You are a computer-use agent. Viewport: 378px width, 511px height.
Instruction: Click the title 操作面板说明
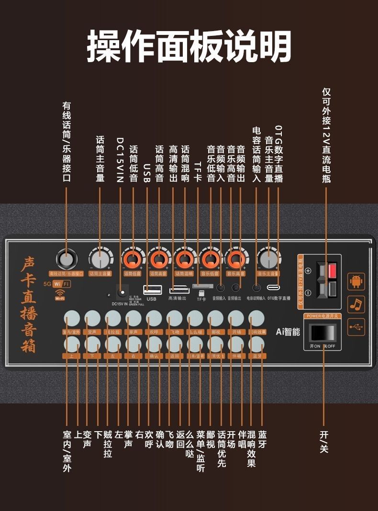189,46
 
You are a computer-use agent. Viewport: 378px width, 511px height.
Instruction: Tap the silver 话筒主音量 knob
100,260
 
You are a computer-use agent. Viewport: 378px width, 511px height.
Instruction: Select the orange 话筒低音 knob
133,260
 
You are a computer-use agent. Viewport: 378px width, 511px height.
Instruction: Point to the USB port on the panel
152,289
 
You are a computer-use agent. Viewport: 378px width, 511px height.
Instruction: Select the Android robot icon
356,282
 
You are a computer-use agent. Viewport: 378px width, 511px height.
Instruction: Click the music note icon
356,304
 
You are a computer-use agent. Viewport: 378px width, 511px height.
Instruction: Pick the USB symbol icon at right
356,326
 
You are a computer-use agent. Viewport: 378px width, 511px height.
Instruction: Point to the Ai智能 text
288,331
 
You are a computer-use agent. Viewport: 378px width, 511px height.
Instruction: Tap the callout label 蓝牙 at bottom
262,440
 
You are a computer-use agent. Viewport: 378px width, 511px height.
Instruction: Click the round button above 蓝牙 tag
257,343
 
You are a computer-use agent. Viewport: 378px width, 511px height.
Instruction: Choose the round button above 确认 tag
154,343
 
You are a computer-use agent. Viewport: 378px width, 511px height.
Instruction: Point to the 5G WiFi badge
57,284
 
